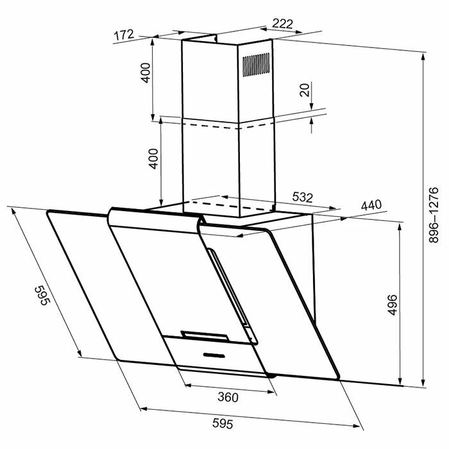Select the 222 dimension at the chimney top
(x=282, y=24)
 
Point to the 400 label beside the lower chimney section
(x=153, y=157)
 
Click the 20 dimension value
(x=304, y=90)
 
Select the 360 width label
(x=227, y=397)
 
